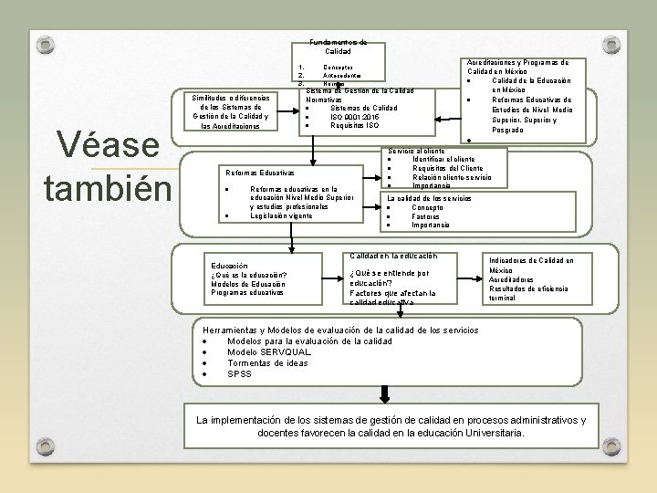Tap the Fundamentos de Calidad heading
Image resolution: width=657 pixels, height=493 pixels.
point(338,47)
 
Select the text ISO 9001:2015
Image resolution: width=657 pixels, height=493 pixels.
point(355,117)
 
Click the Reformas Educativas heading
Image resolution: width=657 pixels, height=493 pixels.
point(259,173)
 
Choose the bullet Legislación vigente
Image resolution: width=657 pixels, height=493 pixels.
point(281,215)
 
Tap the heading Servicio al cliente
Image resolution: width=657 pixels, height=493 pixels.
point(416,150)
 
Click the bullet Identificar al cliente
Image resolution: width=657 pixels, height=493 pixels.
point(443,159)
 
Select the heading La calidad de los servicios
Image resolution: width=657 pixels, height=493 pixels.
point(429,198)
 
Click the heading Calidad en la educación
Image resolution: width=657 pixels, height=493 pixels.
point(393,255)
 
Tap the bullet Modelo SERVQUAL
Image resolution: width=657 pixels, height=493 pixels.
point(269,351)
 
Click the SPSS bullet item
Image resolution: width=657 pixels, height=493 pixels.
point(239,373)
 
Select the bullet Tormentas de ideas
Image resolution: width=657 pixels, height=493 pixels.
point(267,362)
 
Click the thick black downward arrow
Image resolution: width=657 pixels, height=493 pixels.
point(385,393)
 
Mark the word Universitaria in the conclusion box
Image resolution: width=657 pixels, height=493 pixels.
point(483,433)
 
